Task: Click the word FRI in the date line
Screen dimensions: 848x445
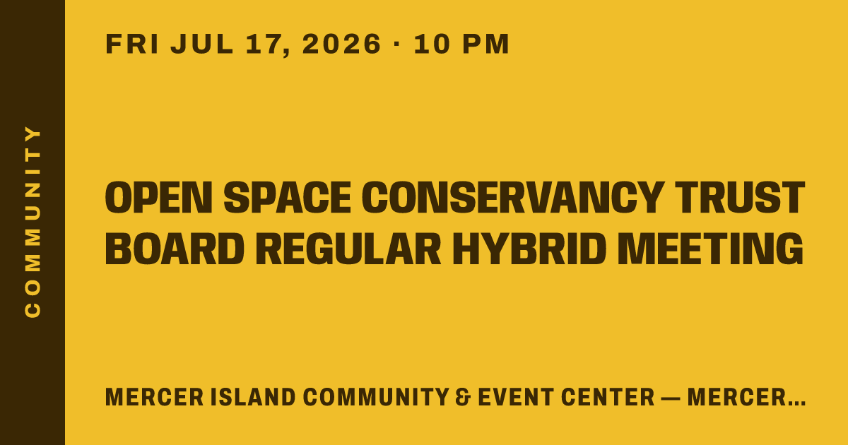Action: pos(131,44)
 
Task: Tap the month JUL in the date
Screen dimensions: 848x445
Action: pos(202,44)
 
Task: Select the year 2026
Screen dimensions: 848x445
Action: pos(341,44)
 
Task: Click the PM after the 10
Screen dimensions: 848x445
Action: pos(486,44)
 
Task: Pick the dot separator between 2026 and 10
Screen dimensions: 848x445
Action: pos(396,44)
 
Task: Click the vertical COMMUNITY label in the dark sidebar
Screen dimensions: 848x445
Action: pos(33,222)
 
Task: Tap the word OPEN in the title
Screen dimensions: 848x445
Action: pos(158,198)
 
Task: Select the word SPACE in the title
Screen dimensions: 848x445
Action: pos(288,198)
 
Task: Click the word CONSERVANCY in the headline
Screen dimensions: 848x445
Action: pos(513,198)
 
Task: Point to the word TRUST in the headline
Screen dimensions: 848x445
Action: pos(741,198)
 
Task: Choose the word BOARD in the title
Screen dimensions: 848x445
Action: pos(175,249)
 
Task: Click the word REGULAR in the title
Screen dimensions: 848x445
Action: pos(348,249)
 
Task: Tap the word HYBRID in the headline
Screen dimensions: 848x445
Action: pos(529,249)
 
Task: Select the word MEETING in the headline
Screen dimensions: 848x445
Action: pos(711,249)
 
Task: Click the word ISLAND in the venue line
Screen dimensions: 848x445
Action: pos(253,397)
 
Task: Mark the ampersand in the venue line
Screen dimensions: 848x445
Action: pos(463,397)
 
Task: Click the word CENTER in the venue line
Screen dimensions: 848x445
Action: pos(608,397)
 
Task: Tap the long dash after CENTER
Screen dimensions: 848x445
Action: pos(671,398)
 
